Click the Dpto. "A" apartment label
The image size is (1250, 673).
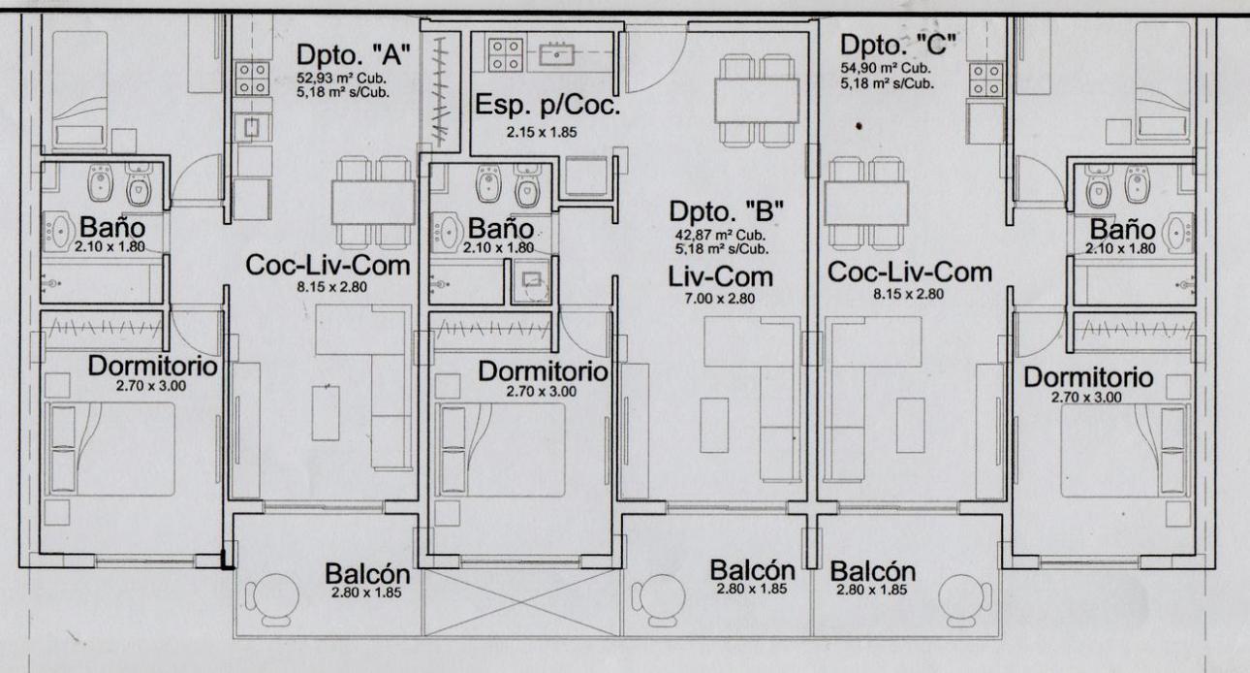coord(354,54)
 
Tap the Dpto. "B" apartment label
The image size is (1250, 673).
coord(726,211)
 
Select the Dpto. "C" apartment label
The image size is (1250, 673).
coord(898,45)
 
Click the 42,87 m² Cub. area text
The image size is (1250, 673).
coord(720,235)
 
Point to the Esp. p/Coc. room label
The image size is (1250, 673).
coord(547,106)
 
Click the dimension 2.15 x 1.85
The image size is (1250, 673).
coord(542,132)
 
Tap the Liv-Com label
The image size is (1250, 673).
coord(720,277)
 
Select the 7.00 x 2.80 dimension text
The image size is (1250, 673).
coord(720,299)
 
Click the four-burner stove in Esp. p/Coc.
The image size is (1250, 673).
coord(506,55)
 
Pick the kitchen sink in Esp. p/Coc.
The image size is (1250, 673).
coord(556,54)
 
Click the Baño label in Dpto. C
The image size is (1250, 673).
coord(1122,230)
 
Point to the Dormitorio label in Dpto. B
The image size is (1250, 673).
coord(543,371)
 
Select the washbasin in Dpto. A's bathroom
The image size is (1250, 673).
coord(57,231)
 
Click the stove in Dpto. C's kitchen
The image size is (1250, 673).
coord(986,80)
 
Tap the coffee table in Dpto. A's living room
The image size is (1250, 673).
coord(326,413)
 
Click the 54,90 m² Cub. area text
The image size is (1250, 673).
coord(886,68)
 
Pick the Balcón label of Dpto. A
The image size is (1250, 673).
coord(367,573)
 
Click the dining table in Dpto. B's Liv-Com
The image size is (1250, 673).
coord(757,101)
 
